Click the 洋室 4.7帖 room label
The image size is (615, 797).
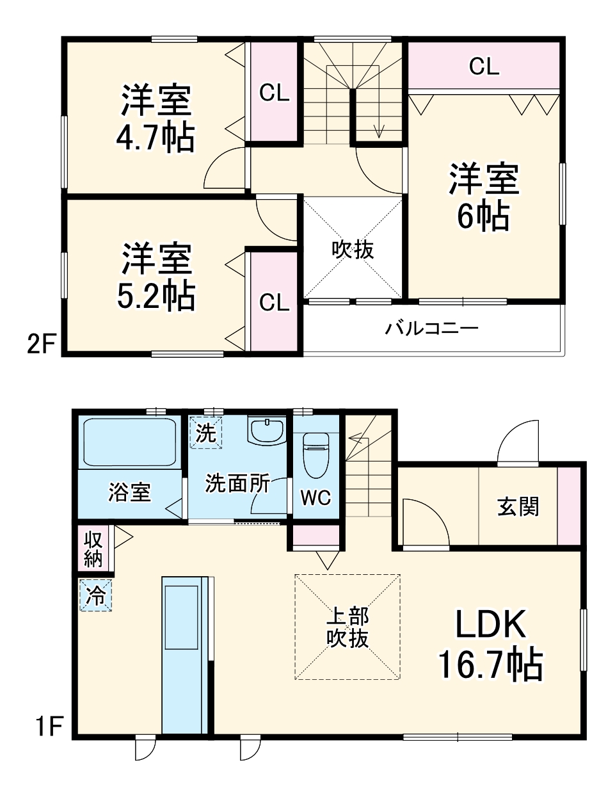(x=156, y=118)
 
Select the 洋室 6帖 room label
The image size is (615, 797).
(x=483, y=197)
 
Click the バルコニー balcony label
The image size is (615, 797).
(x=431, y=329)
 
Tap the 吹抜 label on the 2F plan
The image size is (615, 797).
(x=353, y=250)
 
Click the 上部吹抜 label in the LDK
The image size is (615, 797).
(x=347, y=627)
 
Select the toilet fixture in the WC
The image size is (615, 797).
(x=315, y=454)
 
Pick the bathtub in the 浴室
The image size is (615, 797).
(x=130, y=442)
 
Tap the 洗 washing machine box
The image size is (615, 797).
(x=205, y=433)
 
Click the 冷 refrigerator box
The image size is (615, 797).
(x=95, y=595)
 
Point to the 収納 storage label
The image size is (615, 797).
(x=93, y=548)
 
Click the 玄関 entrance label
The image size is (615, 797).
(x=518, y=507)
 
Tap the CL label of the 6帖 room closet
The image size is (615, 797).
(x=484, y=66)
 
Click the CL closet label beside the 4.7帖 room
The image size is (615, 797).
(x=274, y=93)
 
